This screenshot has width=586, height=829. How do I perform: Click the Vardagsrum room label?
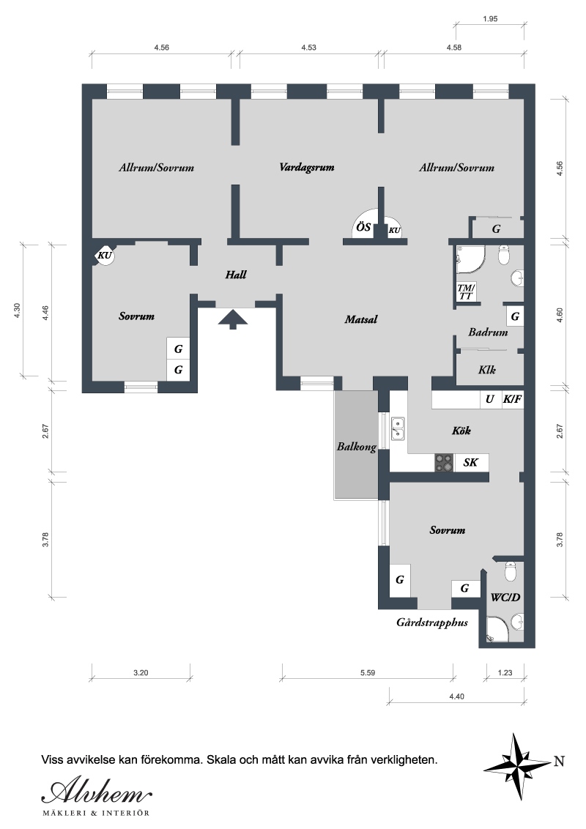coord(307,168)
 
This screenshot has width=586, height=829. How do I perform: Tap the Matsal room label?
coord(361,319)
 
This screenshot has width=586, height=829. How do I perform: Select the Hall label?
coord(236,275)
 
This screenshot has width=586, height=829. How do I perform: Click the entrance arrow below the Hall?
coord(233,319)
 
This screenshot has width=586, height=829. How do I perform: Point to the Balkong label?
coord(357,447)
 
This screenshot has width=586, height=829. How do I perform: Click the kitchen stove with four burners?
coord(444,463)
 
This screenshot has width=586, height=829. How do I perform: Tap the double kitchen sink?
coord(397,428)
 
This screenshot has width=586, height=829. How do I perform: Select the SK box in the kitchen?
coord(471,463)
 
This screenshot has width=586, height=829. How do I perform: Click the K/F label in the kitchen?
coord(511,399)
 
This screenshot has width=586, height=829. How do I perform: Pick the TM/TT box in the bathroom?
coord(466,291)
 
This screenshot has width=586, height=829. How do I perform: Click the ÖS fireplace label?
coord(363,227)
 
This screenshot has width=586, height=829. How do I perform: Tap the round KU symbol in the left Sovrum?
coord(105,256)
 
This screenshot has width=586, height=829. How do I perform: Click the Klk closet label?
coord(486,370)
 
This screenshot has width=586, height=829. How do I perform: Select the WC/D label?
coord(505,598)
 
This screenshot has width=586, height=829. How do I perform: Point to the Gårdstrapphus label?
coord(432,622)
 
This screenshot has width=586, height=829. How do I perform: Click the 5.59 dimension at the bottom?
coord(368,673)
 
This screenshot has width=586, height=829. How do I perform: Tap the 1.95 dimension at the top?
coord(490,19)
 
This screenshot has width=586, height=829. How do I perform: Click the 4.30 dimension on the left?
coord(17,311)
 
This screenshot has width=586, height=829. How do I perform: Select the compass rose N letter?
coord(559,762)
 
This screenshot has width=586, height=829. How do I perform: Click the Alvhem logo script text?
coord(97,792)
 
